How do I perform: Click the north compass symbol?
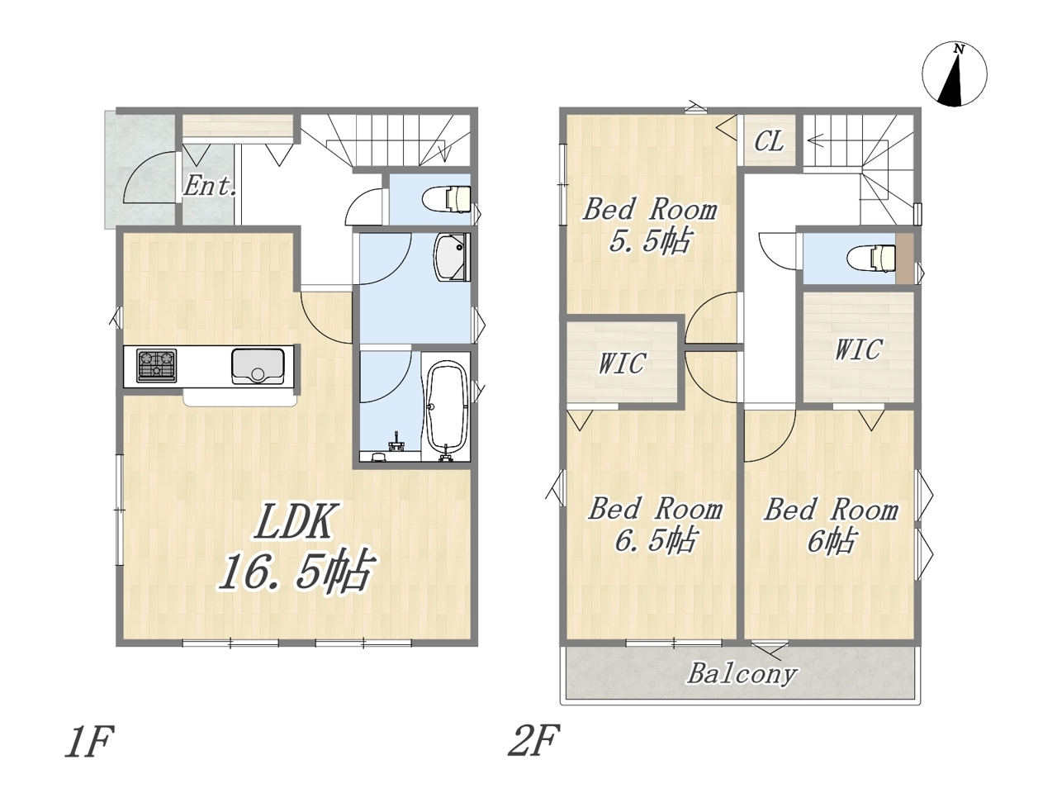954,74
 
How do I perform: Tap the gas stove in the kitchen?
156,365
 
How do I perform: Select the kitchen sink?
258,367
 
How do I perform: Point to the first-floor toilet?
447,199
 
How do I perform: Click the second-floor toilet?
871,259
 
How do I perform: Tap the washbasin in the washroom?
452,258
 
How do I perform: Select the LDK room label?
293,521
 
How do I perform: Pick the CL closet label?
769,141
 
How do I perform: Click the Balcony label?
742,673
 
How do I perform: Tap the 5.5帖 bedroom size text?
650,240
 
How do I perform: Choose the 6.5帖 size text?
655,541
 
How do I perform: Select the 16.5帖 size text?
296,571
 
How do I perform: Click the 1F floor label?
89,742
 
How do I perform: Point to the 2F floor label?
533,740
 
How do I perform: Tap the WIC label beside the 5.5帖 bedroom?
622,363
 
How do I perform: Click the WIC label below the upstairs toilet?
859,349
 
